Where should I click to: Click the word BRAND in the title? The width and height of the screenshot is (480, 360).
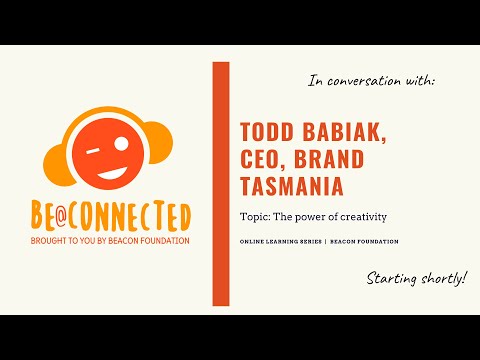tap(329, 159)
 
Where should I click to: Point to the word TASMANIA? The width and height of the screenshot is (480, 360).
tap(292, 186)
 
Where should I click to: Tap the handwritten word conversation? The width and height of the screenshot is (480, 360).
tap(364, 81)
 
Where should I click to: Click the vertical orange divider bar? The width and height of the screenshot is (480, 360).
tap(221, 184)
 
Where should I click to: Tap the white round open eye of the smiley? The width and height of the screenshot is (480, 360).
tap(122, 143)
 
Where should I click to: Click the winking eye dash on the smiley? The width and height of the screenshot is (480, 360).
tap(93, 152)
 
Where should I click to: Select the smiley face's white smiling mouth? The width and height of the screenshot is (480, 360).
tap(112, 173)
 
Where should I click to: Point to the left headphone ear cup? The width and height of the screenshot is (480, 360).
tap(59, 165)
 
